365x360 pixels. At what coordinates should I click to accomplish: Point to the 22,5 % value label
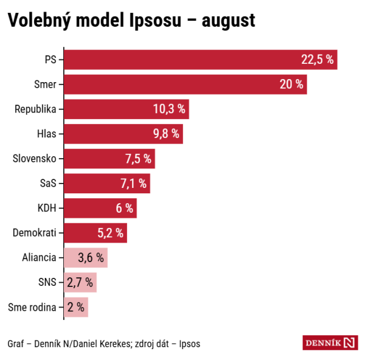coord(318,60)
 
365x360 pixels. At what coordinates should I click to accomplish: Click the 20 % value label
coord(291,85)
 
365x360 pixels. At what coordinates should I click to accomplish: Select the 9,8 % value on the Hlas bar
coord(167,134)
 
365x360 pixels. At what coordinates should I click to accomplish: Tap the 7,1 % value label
coord(134,183)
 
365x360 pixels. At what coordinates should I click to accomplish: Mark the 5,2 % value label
coord(111,232)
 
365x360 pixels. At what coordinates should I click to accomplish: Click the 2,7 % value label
coord(80,282)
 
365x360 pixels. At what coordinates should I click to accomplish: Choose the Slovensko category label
coord(35,159)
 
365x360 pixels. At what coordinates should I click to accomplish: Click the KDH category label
coord(47,208)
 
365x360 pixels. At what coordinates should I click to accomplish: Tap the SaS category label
coord(47,183)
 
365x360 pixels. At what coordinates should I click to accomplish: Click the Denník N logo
coord(330,342)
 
